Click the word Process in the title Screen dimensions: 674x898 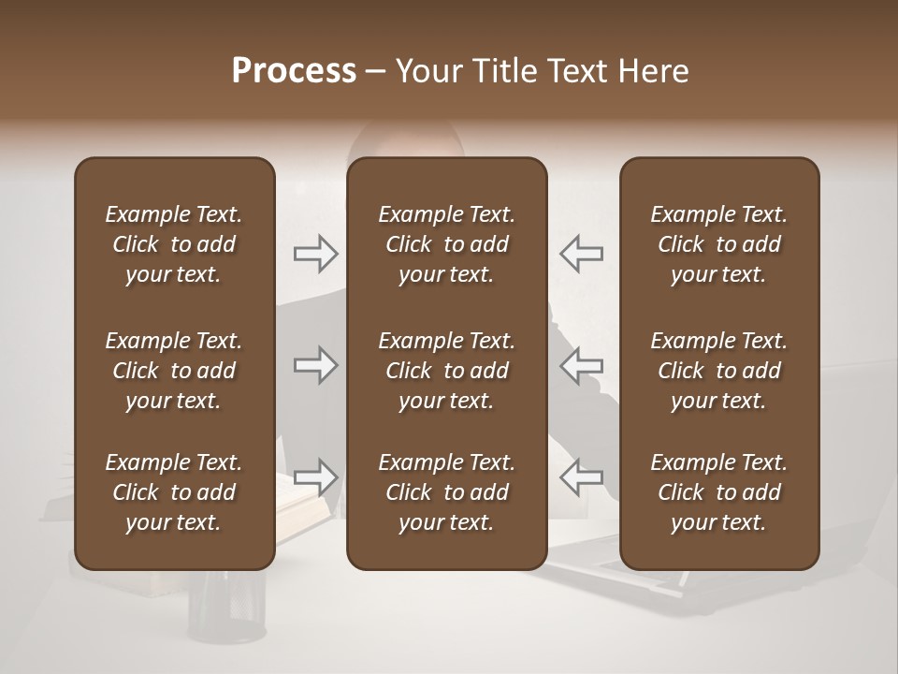[294, 71]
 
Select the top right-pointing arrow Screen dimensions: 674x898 [316, 253]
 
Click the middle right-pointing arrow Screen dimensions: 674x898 [316, 365]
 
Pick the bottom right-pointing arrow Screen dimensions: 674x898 [316, 477]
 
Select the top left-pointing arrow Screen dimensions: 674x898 [581, 253]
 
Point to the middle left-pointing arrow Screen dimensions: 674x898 [581, 365]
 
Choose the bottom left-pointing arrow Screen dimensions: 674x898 [581, 477]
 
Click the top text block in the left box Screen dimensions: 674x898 [174, 244]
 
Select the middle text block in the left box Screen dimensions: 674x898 [174, 371]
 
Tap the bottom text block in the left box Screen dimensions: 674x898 [174, 492]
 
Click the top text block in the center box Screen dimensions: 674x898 [446, 244]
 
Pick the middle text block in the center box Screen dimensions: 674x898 [446, 371]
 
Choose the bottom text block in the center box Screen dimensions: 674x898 [446, 492]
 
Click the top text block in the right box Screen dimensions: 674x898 [718, 244]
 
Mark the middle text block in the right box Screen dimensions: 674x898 [718, 371]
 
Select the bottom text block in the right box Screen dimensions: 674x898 [718, 492]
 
